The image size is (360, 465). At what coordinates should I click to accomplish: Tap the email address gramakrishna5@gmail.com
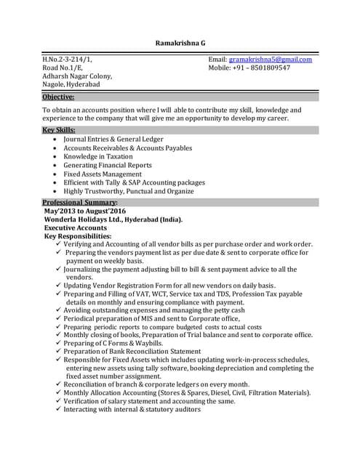[x=271, y=59]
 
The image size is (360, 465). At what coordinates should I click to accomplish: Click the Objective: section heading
[x=58, y=96]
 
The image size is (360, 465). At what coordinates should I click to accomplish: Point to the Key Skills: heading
[x=58, y=130]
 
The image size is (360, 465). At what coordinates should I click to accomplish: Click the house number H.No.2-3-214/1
[x=67, y=59]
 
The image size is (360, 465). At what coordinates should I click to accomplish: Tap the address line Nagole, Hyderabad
[x=71, y=84]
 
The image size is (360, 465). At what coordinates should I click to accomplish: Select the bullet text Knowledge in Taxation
[x=98, y=156]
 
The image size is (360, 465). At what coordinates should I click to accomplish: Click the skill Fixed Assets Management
[x=103, y=174]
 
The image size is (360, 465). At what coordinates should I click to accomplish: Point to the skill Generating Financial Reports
[x=108, y=165]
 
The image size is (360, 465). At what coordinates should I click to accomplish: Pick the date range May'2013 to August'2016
[x=84, y=210]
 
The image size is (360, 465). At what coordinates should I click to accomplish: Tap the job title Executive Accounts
[x=76, y=227]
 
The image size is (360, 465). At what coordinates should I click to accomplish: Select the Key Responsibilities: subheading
[x=78, y=236]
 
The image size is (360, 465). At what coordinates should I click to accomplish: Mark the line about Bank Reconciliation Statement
[x=132, y=352]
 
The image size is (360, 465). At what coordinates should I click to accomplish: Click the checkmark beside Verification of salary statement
[x=57, y=400]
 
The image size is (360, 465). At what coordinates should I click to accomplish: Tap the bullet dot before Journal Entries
[x=56, y=139]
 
